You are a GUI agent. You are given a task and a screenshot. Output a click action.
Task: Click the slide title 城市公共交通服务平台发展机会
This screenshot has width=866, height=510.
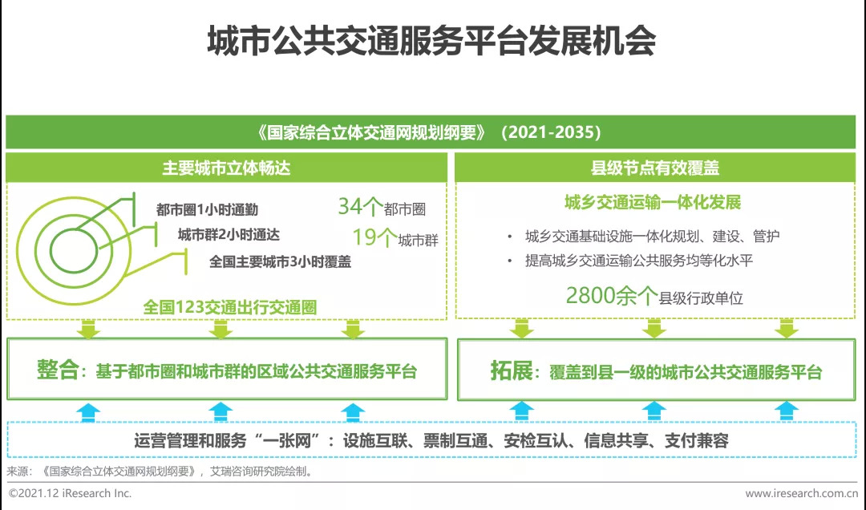point(431,41)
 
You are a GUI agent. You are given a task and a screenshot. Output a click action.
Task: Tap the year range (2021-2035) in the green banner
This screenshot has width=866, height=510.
point(551,132)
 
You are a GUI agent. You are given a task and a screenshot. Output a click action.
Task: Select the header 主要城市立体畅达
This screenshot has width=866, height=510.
point(226,168)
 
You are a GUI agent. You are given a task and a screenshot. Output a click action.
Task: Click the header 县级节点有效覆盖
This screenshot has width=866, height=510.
point(655,168)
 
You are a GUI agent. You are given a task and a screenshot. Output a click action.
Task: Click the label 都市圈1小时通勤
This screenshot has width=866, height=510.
point(207,209)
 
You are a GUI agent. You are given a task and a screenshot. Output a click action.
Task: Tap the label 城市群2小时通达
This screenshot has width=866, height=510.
point(229,235)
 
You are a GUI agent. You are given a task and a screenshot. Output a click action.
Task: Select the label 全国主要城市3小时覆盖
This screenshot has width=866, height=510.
point(280,261)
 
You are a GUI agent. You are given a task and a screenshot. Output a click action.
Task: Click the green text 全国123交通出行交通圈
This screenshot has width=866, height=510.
point(230,307)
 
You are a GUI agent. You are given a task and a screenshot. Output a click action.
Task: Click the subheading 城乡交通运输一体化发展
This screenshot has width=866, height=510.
point(652,202)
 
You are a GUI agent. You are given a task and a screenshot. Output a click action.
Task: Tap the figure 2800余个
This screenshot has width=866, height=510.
point(611,296)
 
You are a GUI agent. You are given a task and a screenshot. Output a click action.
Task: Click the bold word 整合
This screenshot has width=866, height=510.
point(58,370)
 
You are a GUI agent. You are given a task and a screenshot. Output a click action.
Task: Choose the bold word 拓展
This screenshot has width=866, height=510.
point(511,370)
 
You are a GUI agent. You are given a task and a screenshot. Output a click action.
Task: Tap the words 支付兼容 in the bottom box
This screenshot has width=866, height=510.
point(697,440)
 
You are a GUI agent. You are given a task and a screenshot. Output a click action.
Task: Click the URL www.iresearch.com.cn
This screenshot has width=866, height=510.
point(801,493)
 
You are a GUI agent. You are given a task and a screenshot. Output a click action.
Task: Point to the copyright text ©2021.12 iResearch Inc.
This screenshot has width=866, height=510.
point(70,493)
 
